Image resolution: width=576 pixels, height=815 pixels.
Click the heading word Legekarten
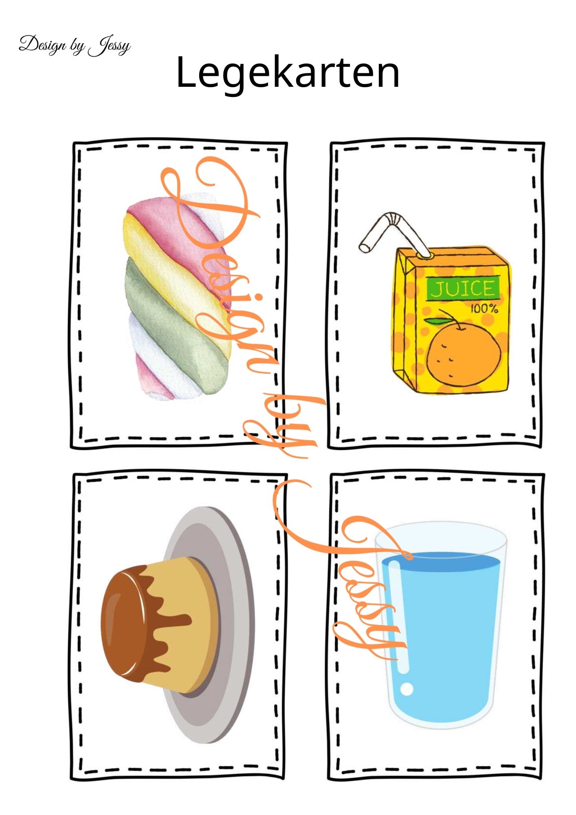click(288, 73)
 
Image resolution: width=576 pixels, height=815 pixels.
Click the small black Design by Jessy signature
click(75, 45)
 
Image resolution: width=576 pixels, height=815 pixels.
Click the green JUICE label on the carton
click(463, 289)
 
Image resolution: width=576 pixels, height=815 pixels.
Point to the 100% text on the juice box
click(484, 308)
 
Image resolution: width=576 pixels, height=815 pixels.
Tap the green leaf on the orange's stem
click(434, 321)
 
